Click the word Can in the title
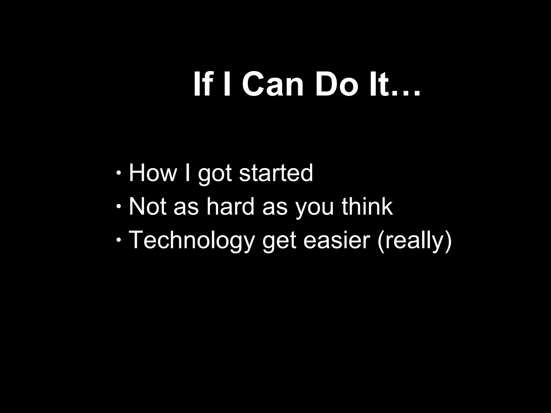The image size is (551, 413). point(273,84)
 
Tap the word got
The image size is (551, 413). point(215,175)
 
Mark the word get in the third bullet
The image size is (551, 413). point(279,242)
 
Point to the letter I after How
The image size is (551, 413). point(188,173)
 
